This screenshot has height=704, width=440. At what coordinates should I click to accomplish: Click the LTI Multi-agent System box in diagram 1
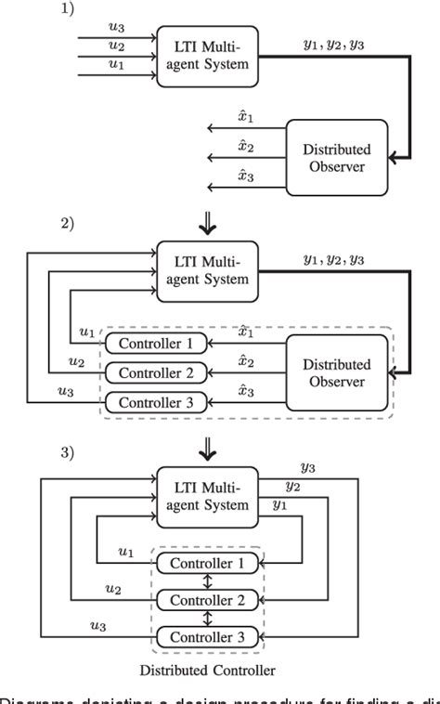coord(207,56)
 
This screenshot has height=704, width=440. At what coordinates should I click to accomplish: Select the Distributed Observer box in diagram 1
coord(334,157)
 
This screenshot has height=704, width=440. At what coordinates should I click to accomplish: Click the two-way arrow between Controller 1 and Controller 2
coord(207,581)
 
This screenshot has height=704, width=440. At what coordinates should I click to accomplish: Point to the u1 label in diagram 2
coord(86,331)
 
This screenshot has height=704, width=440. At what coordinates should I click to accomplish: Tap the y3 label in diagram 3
coord(308,468)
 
